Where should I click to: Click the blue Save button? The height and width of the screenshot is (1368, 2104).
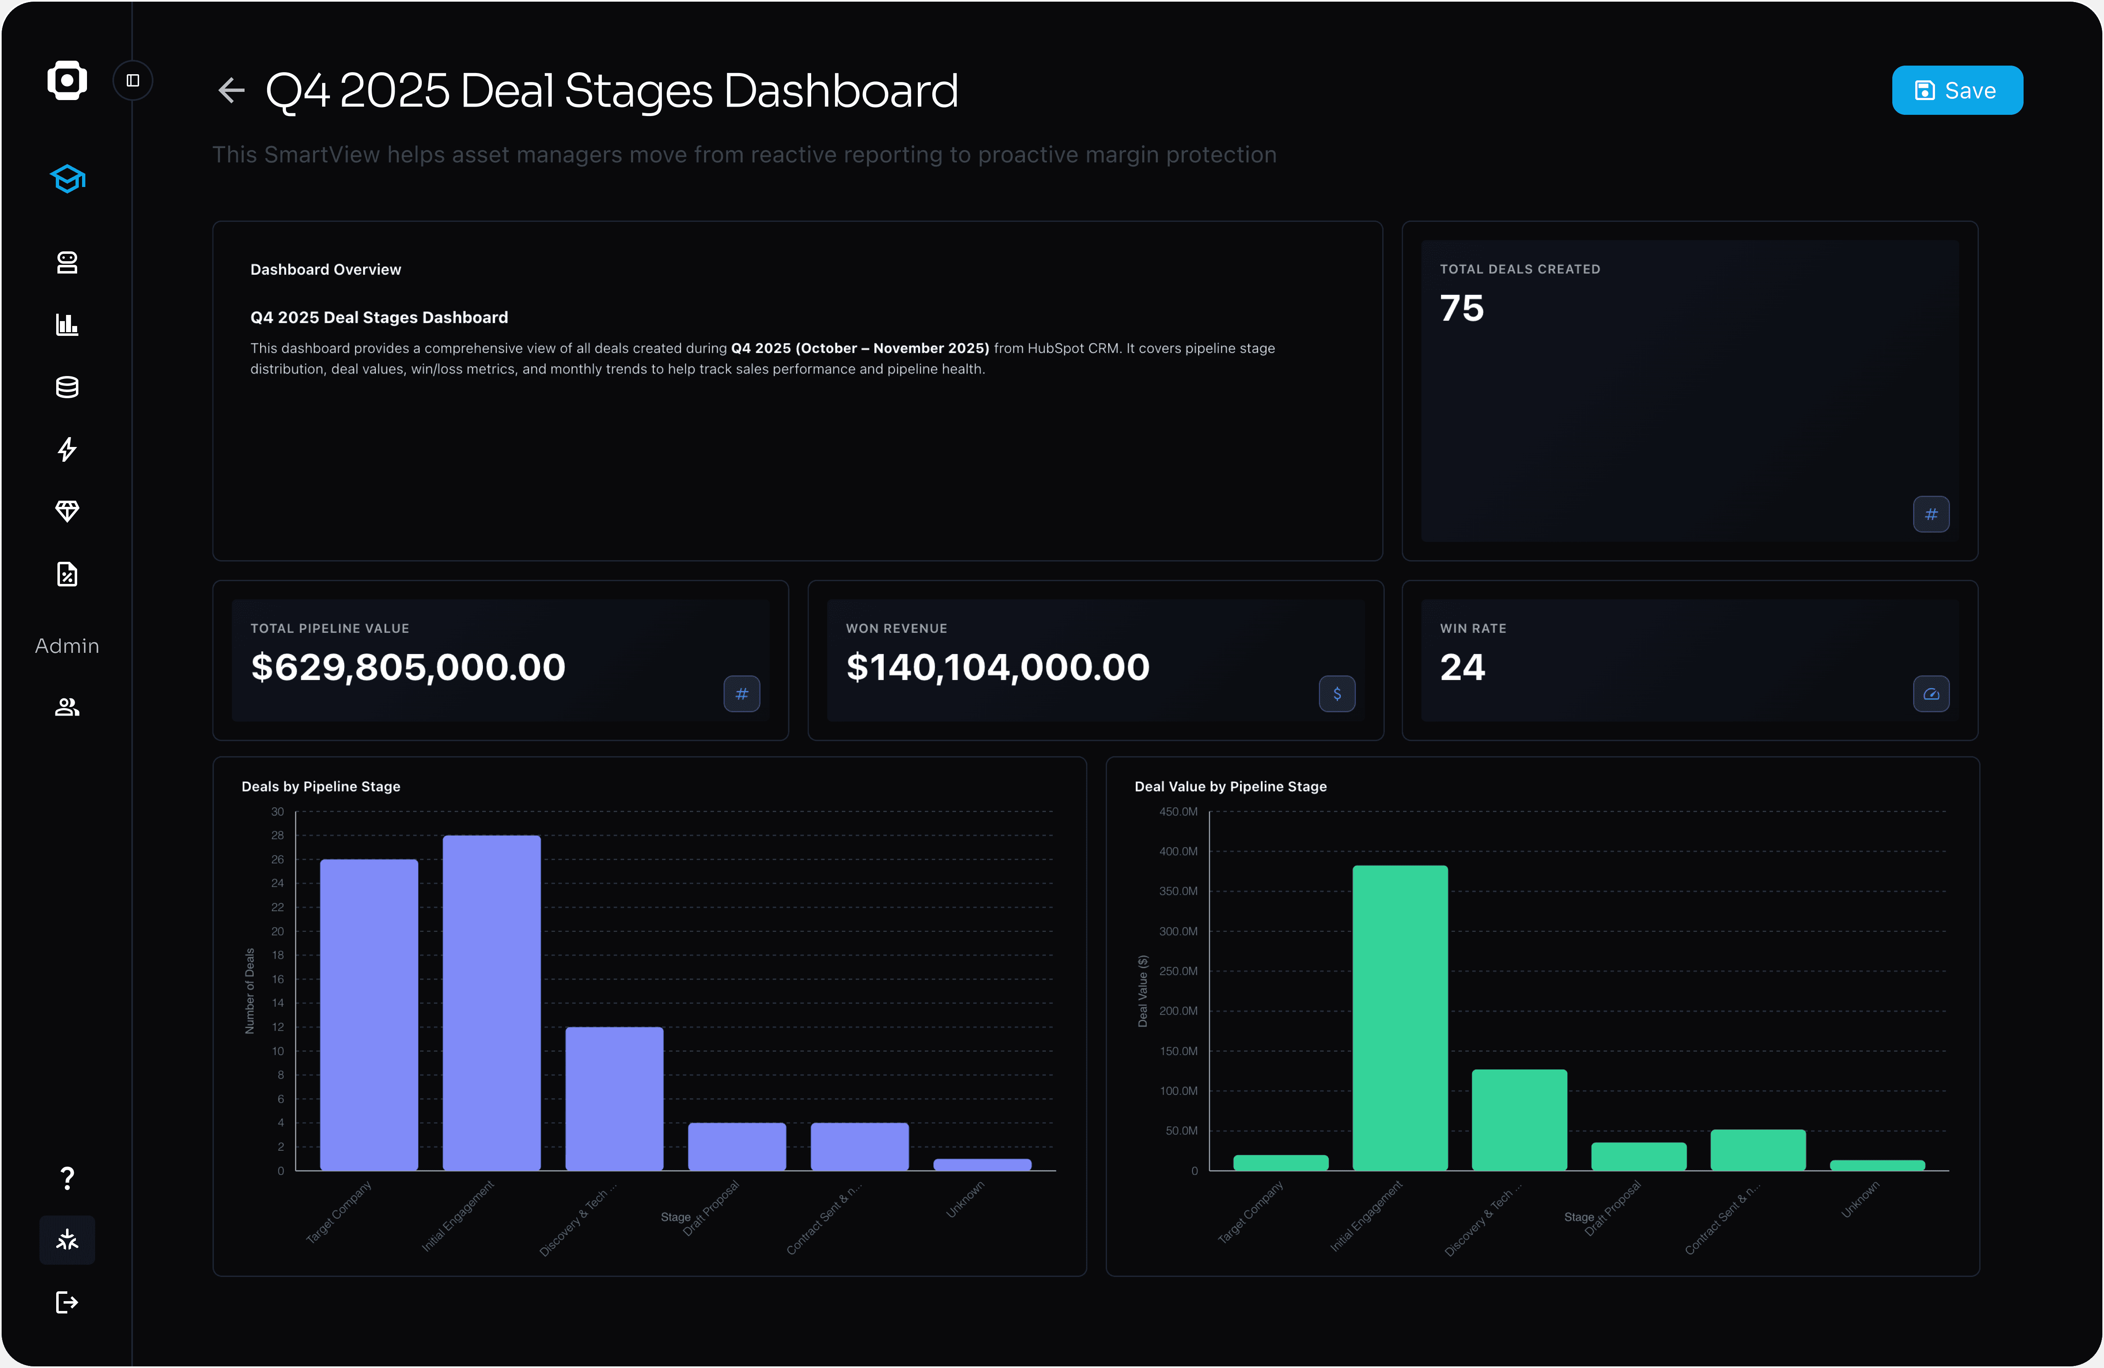click(1956, 90)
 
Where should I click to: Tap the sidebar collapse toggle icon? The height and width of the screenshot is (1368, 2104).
click(133, 80)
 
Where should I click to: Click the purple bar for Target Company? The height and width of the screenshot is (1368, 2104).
click(368, 1015)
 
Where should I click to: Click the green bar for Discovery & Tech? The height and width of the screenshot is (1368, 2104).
click(1519, 1119)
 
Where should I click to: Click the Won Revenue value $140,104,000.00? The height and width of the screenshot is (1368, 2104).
click(997, 667)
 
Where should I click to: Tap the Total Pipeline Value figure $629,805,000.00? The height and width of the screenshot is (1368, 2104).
click(407, 667)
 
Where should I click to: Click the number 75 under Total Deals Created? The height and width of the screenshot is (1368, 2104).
click(1461, 308)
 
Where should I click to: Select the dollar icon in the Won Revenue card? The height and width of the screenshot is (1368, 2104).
click(1337, 694)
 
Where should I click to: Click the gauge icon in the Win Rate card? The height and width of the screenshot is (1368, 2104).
click(1931, 694)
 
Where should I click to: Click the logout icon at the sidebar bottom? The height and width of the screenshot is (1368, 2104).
click(67, 1302)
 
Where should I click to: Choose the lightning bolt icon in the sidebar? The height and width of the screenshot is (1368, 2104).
click(67, 449)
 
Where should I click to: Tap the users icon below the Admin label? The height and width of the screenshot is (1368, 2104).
click(67, 707)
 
